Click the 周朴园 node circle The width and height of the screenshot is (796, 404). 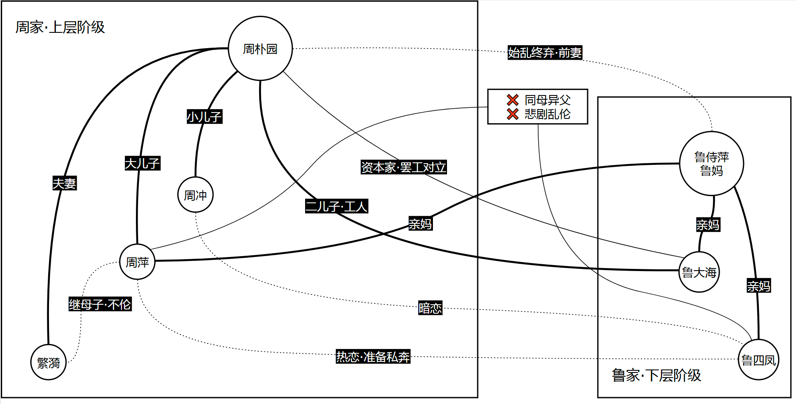260,49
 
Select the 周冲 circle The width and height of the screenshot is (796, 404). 195,195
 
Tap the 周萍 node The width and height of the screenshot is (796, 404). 137,262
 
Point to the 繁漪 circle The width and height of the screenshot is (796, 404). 49,362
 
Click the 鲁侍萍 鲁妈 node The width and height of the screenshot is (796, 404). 711,164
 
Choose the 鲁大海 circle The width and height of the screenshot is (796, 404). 699,272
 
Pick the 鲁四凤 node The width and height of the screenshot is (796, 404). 758,360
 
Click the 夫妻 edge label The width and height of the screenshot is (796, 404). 64,183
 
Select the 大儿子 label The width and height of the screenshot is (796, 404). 142,163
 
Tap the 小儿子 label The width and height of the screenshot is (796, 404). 205,116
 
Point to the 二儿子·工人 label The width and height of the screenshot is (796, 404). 336,206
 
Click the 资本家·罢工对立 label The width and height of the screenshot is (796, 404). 403,167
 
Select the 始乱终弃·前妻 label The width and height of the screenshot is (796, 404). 545,52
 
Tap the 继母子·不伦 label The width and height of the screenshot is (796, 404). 100,304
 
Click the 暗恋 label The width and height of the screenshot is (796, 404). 430,308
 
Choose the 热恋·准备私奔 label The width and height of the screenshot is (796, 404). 373,356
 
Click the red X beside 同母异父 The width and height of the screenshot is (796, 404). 513,100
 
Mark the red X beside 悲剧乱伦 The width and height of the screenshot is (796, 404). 513,114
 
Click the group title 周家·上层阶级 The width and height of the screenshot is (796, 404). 60,27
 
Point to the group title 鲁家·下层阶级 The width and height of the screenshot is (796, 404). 656,375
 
